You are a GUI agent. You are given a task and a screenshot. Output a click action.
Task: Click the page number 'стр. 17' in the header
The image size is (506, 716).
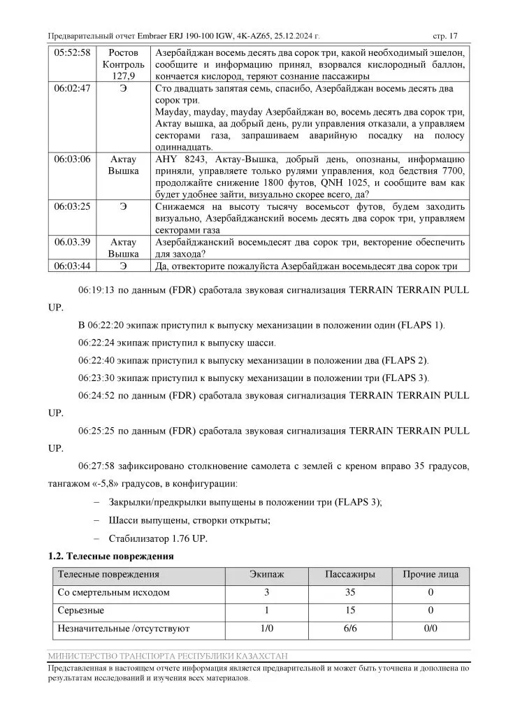445,36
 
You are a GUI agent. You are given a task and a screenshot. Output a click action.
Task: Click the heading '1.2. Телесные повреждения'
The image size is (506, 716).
110,557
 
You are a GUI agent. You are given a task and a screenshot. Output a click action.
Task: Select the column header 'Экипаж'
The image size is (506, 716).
266,575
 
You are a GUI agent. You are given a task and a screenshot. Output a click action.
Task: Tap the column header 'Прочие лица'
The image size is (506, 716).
430,575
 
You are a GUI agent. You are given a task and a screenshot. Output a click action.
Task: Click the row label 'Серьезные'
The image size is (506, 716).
80,610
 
